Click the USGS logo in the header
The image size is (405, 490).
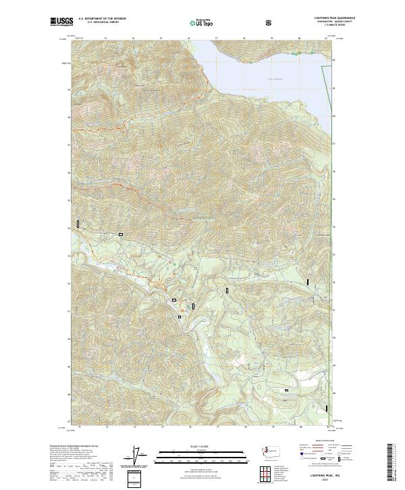pyautogui.click(x=61, y=22)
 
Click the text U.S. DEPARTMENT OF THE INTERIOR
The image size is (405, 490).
pyautogui.click(x=101, y=20)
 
